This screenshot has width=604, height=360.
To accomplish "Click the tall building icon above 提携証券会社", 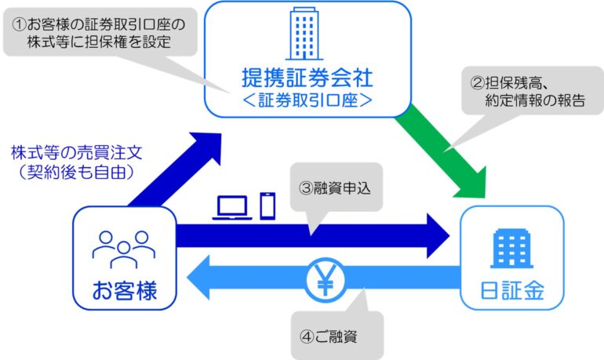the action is pyautogui.click(x=304, y=34).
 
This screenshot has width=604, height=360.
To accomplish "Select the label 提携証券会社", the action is pyautogui.click(x=307, y=78).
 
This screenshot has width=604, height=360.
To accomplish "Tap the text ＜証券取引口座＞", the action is pyautogui.click(x=307, y=100).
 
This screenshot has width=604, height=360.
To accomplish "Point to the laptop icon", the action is pyautogui.click(x=232, y=208).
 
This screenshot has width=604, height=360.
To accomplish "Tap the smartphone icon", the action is pyautogui.click(x=267, y=206).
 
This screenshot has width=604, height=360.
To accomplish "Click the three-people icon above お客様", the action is pyautogui.click(x=124, y=249).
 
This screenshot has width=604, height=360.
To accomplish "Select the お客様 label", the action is pyautogui.click(x=125, y=291).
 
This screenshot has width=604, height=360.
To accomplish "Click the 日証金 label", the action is pyautogui.click(x=512, y=291).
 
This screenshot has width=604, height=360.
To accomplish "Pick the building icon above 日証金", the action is pyautogui.click(x=511, y=249).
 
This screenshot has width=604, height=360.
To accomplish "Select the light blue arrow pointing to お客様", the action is pyautogui.click(x=323, y=277).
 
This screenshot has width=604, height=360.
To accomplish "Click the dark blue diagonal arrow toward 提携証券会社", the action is pyautogui.click(x=175, y=169).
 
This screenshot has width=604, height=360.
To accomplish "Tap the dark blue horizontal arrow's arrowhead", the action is pyautogui.click(x=438, y=235).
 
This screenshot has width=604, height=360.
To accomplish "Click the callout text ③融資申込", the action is pyautogui.click(x=335, y=188).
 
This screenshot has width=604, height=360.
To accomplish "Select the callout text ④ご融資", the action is pyautogui.click(x=328, y=336).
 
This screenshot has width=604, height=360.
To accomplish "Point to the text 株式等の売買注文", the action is pyautogui.click(x=77, y=153).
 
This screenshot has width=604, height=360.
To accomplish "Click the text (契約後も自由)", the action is pyautogui.click(x=77, y=172).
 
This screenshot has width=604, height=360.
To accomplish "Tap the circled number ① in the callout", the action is pyautogui.click(x=20, y=24).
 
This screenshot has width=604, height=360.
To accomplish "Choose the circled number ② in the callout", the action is pyautogui.click(x=477, y=83).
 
